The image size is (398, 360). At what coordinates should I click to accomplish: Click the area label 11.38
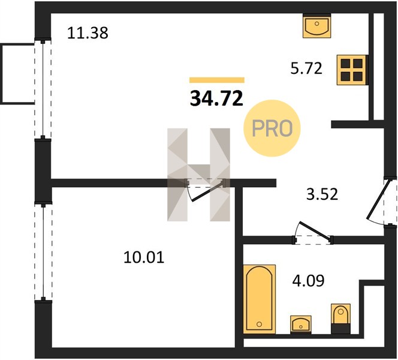[x=88, y=33]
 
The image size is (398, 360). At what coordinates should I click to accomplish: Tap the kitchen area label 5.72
[x=306, y=68]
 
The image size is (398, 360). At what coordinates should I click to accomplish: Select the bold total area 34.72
[x=216, y=98]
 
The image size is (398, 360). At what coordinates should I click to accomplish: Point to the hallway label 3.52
[x=322, y=194]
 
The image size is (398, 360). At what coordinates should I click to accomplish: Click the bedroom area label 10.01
[x=144, y=257]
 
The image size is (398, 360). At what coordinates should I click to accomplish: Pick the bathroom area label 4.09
[x=309, y=281]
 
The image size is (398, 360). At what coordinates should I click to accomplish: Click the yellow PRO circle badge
[x=272, y=128]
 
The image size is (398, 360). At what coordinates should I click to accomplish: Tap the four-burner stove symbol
[x=352, y=70]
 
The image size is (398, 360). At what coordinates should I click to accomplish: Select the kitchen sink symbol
[x=316, y=26]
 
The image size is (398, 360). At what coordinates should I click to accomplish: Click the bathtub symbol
[x=259, y=299]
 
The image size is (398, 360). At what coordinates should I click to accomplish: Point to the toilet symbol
[x=340, y=319]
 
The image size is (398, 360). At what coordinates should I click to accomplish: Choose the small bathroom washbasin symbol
[x=301, y=325]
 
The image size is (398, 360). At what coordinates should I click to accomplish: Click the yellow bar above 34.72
[x=217, y=80]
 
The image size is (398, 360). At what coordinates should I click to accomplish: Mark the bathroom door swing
[x=313, y=232]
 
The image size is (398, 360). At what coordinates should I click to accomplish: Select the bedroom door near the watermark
[x=205, y=189]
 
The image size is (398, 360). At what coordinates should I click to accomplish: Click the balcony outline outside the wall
[x=17, y=74]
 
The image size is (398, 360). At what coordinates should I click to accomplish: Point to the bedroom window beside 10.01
[x=43, y=252]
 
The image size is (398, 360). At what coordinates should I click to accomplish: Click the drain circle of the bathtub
[x=259, y=324]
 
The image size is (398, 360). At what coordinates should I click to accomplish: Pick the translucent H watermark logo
[x=199, y=175]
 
